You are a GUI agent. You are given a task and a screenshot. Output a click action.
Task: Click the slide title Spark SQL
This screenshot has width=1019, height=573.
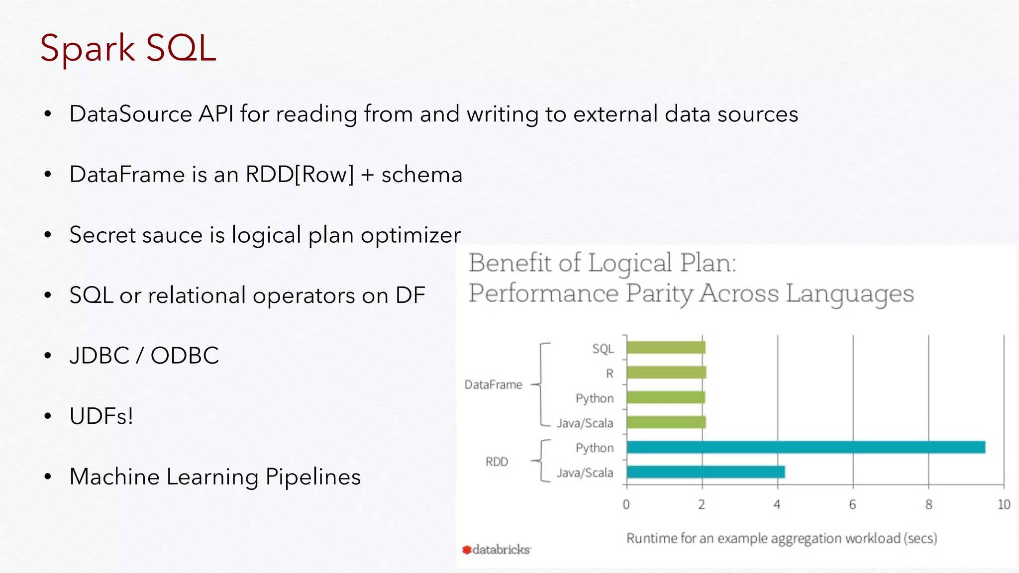pyautogui.click(x=128, y=48)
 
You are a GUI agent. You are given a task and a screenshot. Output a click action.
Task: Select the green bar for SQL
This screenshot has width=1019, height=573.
pyautogui.click(x=666, y=348)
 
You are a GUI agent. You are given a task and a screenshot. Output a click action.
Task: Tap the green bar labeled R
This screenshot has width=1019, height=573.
pyautogui.click(x=666, y=373)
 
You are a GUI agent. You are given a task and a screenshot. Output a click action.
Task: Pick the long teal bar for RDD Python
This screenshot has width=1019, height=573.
pyautogui.click(x=806, y=447)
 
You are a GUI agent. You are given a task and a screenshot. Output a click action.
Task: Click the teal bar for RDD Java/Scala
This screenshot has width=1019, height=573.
pyautogui.click(x=706, y=472)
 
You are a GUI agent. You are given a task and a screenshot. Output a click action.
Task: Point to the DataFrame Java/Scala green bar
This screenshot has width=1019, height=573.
pyautogui.click(x=666, y=422)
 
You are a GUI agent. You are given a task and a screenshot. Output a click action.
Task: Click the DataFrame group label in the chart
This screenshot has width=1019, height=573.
pyautogui.click(x=493, y=384)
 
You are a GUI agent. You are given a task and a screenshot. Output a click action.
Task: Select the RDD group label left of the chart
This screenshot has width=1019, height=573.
pyautogui.click(x=497, y=462)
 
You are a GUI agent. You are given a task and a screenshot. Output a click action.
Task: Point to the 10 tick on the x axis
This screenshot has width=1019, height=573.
pyautogui.click(x=1004, y=505)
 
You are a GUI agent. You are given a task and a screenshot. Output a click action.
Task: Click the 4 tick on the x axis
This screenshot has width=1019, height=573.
pyautogui.click(x=777, y=505)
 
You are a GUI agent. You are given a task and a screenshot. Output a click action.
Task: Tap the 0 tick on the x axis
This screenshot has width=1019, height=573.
pyautogui.click(x=626, y=505)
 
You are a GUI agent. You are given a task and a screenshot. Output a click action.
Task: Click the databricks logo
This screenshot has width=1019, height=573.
pyautogui.click(x=496, y=550)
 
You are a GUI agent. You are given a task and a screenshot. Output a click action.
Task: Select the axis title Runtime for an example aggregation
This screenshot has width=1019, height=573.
pyautogui.click(x=781, y=538)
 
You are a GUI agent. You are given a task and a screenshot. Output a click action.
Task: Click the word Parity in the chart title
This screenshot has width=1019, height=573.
pyautogui.click(x=659, y=293)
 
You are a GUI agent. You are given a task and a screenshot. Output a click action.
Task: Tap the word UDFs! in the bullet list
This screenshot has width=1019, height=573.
pyautogui.click(x=102, y=416)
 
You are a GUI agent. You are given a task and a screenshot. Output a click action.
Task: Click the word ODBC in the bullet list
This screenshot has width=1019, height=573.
pyautogui.click(x=185, y=356)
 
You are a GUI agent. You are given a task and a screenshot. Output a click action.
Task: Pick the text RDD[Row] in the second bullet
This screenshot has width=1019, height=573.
pyautogui.click(x=300, y=175)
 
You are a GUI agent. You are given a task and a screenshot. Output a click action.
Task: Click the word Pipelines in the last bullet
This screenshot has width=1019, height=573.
pyautogui.click(x=313, y=477)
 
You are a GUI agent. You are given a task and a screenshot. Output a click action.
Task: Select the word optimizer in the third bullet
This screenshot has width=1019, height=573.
pyautogui.click(x=410, y=235)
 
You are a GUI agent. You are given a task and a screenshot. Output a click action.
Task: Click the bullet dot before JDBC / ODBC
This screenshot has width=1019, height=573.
pyautogui.click(x=48, y=356)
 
